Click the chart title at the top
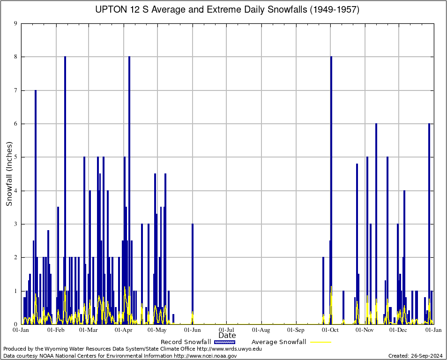(x=227, y=10)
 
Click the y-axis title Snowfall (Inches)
(x=9, y=173)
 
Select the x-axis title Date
(x=227, y=335)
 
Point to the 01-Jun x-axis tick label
(x=192, y=330)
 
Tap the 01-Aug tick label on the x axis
(x=261, y=330)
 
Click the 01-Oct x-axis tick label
(x=331, y=330)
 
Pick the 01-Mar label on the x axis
(x=88, y=330)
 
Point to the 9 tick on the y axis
(x=15, y=23)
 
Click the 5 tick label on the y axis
(x=15, y=157)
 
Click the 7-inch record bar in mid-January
(x=36, y=206)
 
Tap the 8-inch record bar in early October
(x=331, y=187)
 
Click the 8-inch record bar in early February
(x=65, y=187)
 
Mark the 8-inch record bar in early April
(x=129, y=187)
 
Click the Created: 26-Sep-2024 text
(x=416, y=356)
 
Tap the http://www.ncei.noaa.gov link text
(x=205, y=356)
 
